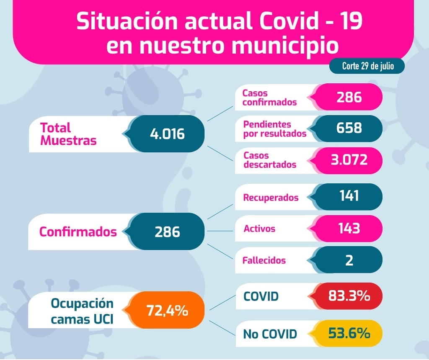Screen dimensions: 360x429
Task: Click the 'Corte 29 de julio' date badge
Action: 367,66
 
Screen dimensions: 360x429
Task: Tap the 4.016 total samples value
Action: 167,134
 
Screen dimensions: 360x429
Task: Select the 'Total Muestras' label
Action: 68,134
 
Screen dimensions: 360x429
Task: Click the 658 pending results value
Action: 349,128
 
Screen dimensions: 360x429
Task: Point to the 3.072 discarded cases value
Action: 349,159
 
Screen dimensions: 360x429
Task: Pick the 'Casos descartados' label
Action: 270,160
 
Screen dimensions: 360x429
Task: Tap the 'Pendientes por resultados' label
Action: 274,129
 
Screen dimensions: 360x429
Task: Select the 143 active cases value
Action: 349,228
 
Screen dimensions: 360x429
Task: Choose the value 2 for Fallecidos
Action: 349,260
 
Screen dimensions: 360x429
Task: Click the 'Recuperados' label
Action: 271,197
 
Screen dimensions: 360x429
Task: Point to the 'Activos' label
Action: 259,229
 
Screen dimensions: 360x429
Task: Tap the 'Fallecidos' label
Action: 264,260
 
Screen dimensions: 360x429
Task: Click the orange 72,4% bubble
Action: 167,311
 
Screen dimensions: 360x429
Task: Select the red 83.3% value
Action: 349,296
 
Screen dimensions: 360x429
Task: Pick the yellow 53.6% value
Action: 349,333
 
